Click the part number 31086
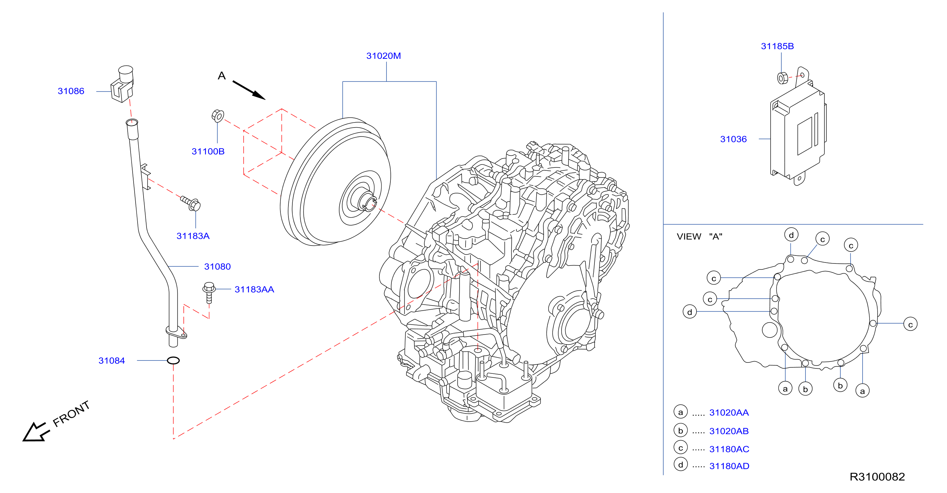71,91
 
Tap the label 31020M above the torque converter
383,56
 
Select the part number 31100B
208,151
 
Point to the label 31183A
193,236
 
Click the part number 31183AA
255,290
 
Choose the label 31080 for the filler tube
218,267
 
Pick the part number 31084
112,361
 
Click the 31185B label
777,46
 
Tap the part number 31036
733,139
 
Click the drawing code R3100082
877,477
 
